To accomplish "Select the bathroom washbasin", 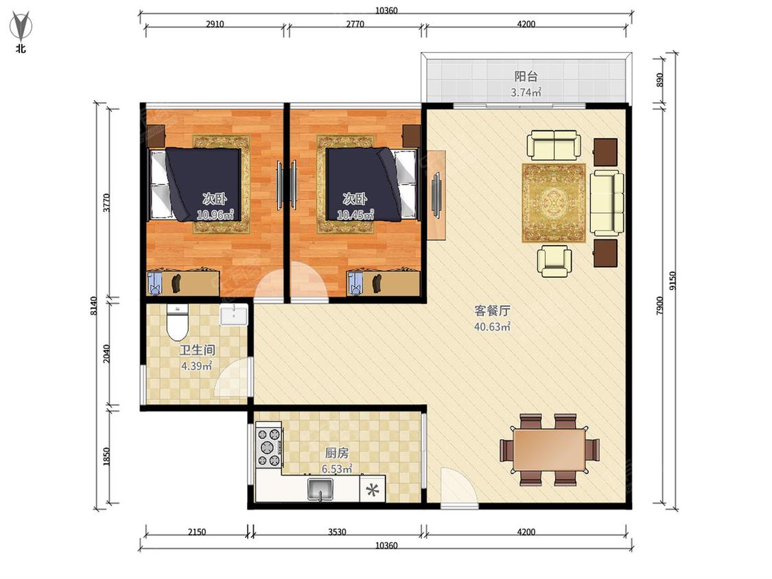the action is (x=234, y=314).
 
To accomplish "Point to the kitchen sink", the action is (x=320, y=489).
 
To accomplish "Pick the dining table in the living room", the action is (x=550, y=449).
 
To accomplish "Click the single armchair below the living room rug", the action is (x=554, y=261).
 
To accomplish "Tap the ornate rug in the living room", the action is (x=554, y=203).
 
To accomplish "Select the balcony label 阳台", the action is (x=526, y=76).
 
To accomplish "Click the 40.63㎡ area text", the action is (x=492, y=327).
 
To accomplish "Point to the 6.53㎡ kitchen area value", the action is (x=337, y=469).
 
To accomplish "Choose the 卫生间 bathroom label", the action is (x=197, y=350).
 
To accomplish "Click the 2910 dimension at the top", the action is (x=215, y=23).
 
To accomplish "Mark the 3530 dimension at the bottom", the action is (x=337, y=532).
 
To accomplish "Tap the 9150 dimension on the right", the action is (x=673, y=281).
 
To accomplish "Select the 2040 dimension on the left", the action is (x=107, y=353).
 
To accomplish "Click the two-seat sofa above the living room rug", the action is (x=554, y=145).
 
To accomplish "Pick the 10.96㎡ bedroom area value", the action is (x=215, y=215).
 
